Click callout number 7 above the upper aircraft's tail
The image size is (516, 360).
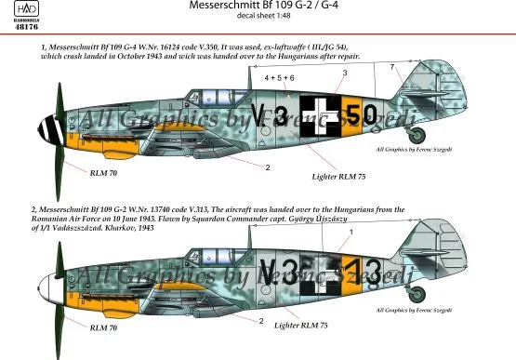(392, 67)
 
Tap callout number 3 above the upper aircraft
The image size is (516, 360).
(345, 72)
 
